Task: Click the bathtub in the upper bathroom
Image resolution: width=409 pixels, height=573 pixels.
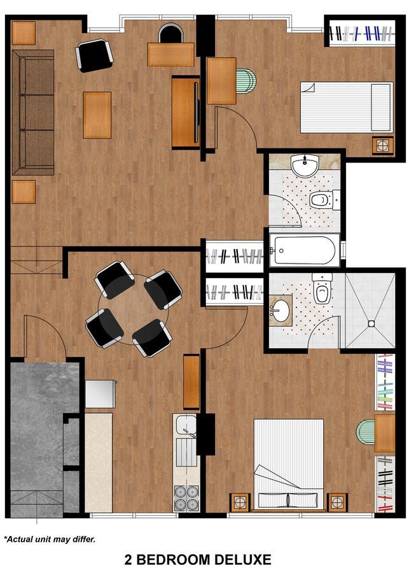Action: (x=303, y=251)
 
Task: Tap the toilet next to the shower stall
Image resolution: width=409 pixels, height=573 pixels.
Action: (x=322, y=290)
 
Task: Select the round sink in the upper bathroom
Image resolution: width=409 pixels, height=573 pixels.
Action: (x=304, y=166)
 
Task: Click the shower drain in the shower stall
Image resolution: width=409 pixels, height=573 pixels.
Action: (x=371, y=324)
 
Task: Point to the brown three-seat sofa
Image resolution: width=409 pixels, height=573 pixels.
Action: (x=32, y=112)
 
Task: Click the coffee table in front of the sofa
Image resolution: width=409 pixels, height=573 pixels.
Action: (x=97, y=115)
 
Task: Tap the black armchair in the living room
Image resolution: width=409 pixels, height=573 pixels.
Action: (x=94, y=55)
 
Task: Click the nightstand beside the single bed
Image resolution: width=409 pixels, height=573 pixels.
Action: (x=382, y=145)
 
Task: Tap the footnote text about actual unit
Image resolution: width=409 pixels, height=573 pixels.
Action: (x=50, y=539)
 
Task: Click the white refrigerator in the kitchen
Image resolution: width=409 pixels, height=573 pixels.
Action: (x=101, y=393)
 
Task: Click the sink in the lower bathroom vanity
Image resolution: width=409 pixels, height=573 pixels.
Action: (x=281, y=311)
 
